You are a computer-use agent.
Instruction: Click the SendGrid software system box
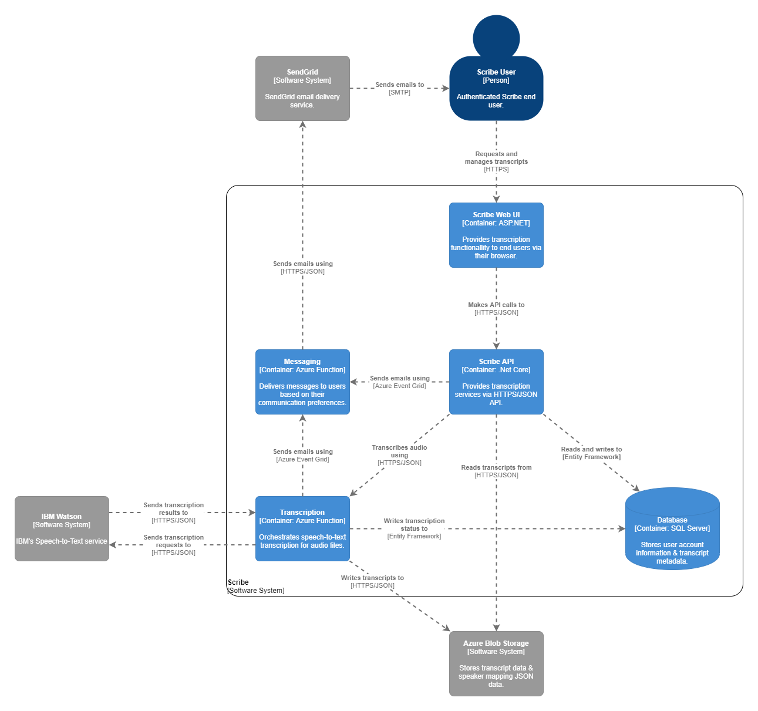click(x=302, y=88)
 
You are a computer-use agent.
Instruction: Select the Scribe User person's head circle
click(x=496, y=36)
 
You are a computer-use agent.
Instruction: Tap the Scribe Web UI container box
click(x=496, y=235)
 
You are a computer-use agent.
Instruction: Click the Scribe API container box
click(x=496, y=382)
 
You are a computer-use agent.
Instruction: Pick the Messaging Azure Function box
click(x=302, y=382)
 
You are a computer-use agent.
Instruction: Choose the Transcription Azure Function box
click(x=302, y=528)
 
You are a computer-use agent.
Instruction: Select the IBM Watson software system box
click(x=62, y=528)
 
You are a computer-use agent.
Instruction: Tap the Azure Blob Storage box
click(x=496, y=663)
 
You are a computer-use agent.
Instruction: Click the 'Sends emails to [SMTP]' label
click(x=400, y=89)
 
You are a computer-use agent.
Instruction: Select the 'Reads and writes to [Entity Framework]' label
click(x=591, y=453)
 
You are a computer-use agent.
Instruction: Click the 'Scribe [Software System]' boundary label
click(x=255, y=587)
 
